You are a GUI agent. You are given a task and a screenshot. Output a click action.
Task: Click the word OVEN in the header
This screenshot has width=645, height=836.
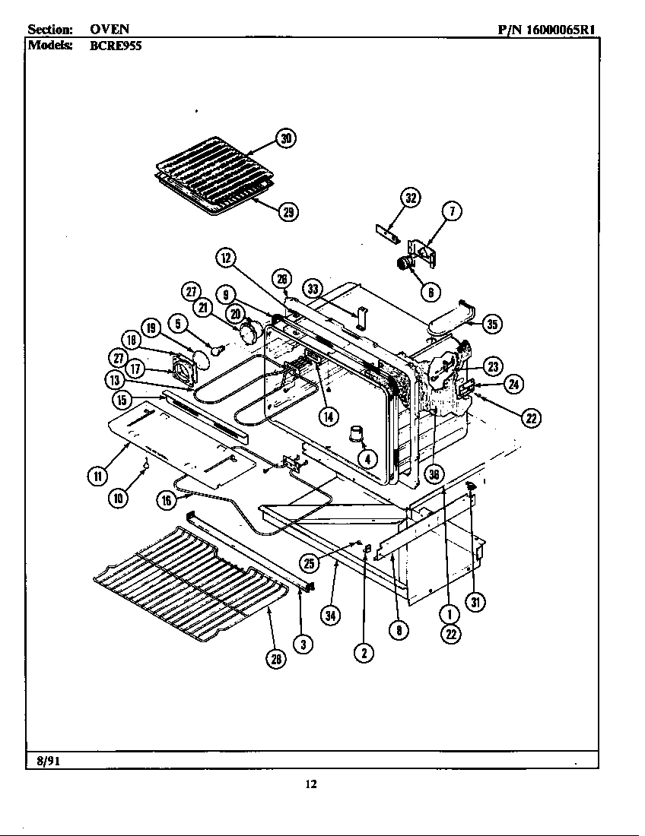click(x=110, y=30)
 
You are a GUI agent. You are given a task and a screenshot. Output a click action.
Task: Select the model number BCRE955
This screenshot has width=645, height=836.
click(x=115, y=44)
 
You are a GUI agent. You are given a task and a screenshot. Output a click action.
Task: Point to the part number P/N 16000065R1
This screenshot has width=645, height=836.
click(x=545, y=30)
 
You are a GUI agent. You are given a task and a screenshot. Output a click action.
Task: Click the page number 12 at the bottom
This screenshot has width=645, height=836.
click(x=310, y=784)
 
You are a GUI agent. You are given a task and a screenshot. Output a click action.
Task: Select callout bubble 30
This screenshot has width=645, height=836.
click(x=285, y=138)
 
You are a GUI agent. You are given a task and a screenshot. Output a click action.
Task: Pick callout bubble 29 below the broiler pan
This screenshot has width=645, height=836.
click(x=288, y=212)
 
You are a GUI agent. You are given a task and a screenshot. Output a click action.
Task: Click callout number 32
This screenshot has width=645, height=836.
click(x=411, y=198)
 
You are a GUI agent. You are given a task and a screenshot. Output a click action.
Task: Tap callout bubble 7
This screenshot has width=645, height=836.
click(x=452, y=212)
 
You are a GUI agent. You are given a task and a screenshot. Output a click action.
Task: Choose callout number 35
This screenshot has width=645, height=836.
click(x=492, y=325)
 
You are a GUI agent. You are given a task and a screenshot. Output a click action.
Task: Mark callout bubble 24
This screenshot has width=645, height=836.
click(x=514, y=384)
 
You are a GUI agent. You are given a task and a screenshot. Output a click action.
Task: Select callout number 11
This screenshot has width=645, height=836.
click(x=97, y=477)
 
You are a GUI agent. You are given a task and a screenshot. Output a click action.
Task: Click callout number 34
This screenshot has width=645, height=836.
click(x=329, y=616)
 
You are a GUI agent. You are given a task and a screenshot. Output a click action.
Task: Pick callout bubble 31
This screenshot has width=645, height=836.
click(x=475, y=602)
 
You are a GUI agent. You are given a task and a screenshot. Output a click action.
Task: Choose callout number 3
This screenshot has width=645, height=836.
click(x=303, y=645)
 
